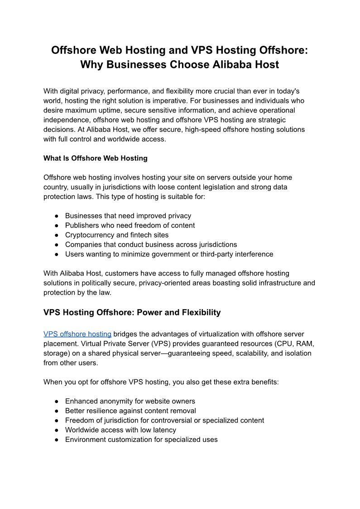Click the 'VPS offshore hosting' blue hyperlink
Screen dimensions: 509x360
77,334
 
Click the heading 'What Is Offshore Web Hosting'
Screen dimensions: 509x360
95,158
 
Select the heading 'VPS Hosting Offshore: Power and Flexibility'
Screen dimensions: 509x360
132,312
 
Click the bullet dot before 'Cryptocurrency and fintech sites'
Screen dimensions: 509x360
57,235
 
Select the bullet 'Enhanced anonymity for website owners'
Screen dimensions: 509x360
130,401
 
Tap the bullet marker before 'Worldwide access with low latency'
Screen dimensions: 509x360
57,430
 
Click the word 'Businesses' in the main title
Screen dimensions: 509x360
133,64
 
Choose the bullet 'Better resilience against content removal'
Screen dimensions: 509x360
130,411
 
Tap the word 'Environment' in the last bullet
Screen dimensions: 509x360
85,439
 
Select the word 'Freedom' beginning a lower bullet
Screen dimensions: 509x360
79,420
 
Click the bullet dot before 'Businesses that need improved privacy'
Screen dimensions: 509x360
57,216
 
